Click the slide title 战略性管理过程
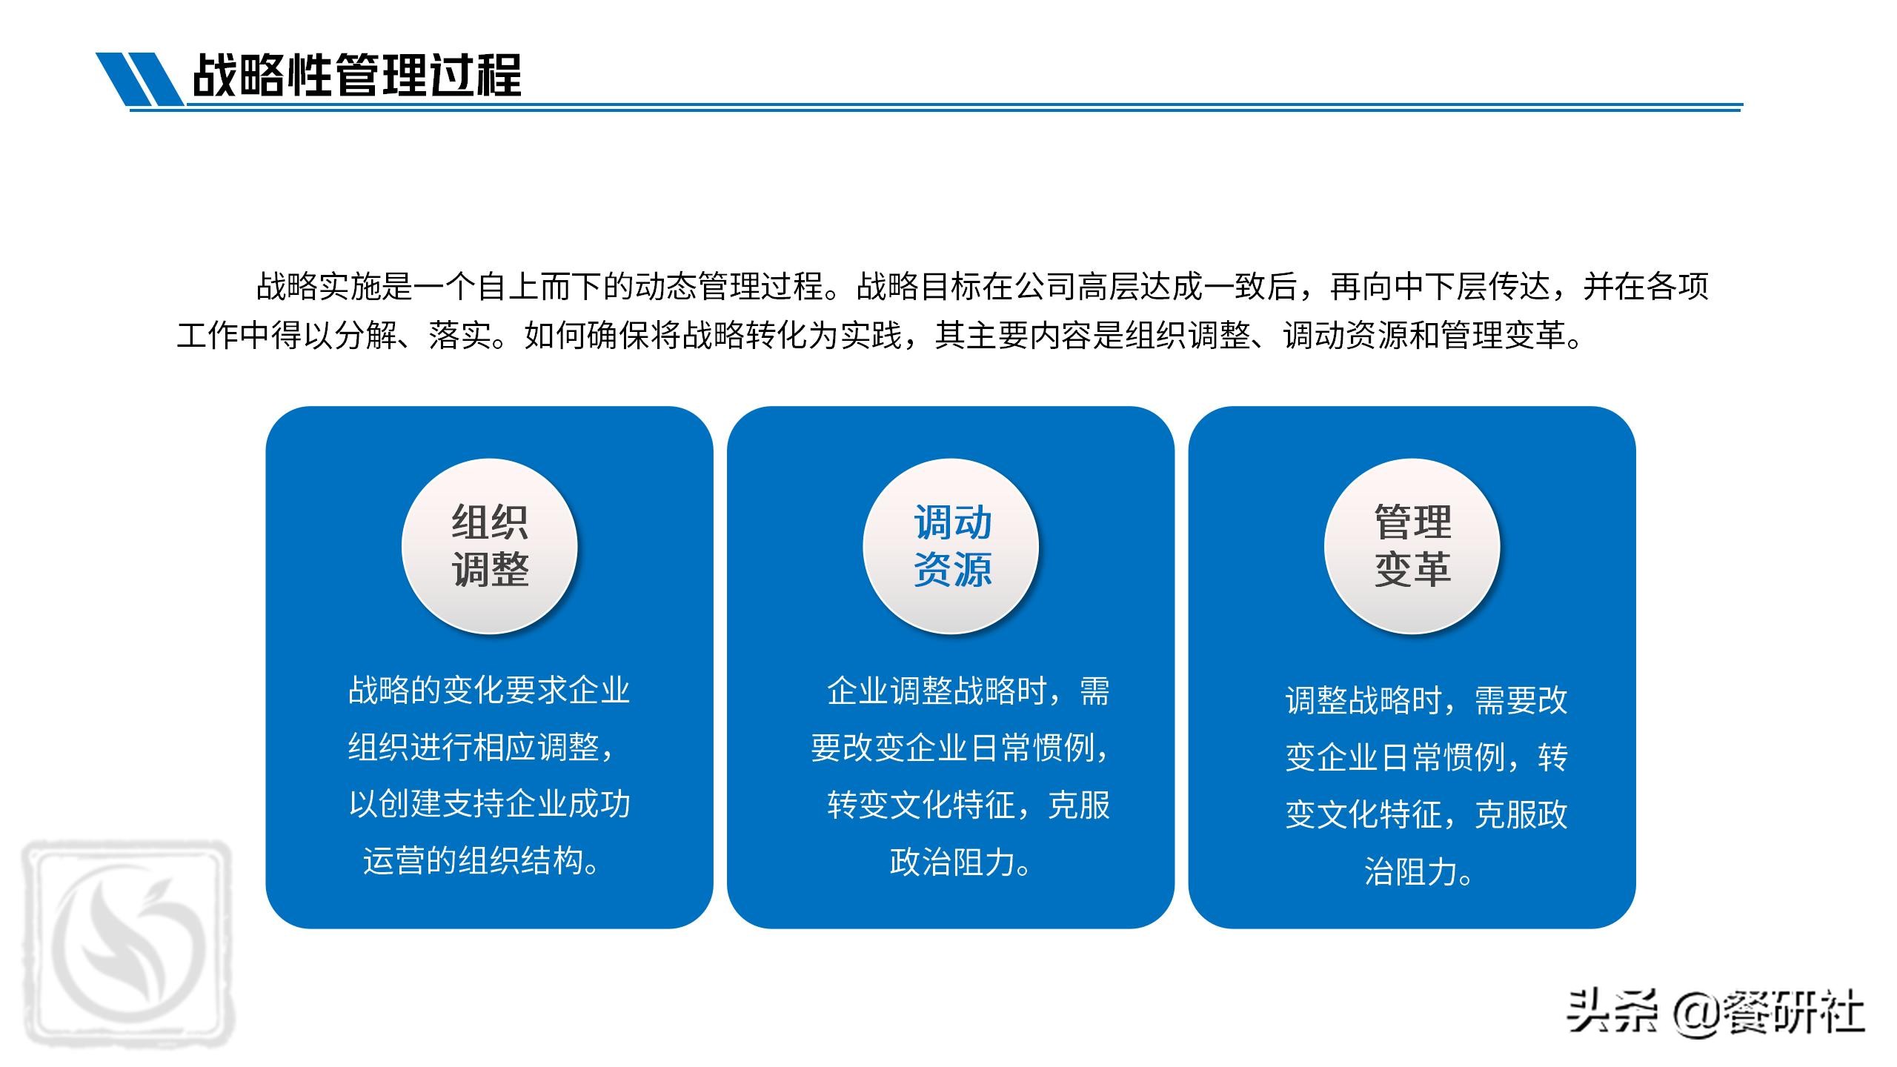point(356,75)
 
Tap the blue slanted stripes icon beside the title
point(139,79)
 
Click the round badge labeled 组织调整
point(489,546)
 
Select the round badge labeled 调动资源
point(951,546)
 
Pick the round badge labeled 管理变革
point(1412,546)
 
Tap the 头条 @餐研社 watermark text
point(1715,1013)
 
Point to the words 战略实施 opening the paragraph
point(319,287)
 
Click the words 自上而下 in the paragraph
point(540,287)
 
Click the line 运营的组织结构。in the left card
point(482,861)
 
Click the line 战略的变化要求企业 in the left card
point(489,691)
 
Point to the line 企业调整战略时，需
point(968,691)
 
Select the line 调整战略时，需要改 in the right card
point(1426,700)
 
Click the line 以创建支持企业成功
point(489,804)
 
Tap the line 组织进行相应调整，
point(482,747)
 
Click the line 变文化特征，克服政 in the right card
point(1426,815)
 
